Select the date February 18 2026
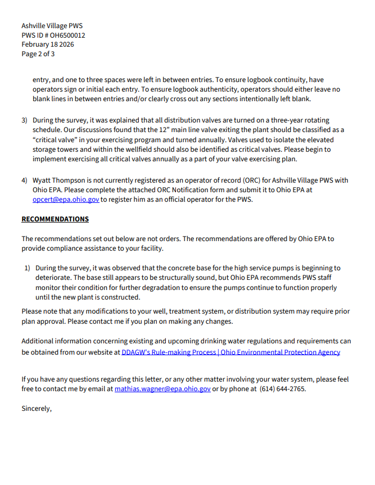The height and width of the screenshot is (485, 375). tap(48, 44)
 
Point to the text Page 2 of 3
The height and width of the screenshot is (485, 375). tap(38, 54)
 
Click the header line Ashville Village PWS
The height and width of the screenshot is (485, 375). tap(52, 26)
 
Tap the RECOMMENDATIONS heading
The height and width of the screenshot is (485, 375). tap(55, 219)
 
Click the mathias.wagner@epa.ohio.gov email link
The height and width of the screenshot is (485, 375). tap(162, 389)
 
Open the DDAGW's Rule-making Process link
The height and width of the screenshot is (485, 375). tap(231, 352)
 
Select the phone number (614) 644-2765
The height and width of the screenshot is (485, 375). tap(283, 389)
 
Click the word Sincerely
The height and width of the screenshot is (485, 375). tap(37, 409)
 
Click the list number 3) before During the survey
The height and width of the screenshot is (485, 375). tap(25, 121)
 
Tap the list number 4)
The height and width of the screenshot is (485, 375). tap(25, 180)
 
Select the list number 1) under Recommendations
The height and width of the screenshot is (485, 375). tap(27, 268)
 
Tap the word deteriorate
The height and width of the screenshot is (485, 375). tap(51, 278)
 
